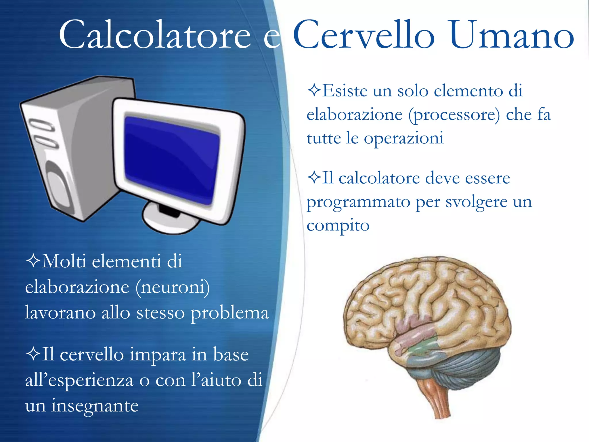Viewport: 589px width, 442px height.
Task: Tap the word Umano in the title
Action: [x=512, y=35]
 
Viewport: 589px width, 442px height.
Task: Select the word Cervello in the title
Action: [x=364, y=35]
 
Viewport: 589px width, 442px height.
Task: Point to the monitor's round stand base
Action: [x=170, y=220]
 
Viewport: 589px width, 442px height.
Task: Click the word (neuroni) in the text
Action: [x=173, y=287]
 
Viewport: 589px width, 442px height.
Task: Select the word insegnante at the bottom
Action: [x=95, y=406]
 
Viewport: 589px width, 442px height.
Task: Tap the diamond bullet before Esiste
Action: [x=314, y=90]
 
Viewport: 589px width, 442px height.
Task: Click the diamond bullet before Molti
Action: [x=33, y=261]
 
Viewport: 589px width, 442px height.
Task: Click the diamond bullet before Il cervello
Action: [x=33, y=354]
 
